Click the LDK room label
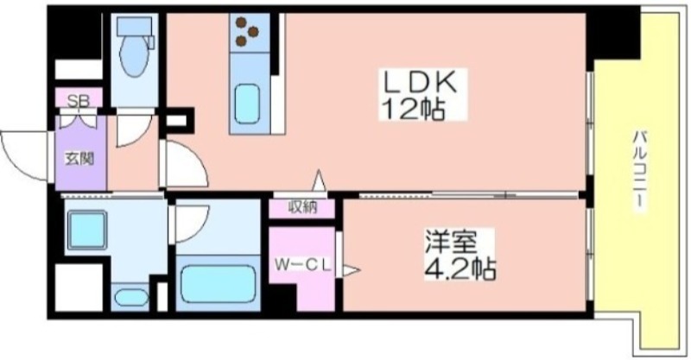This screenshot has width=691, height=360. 420,82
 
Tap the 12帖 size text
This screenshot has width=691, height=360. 414,108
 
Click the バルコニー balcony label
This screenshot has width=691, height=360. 640,172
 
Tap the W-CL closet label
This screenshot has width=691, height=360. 303,265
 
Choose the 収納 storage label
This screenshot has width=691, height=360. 303,206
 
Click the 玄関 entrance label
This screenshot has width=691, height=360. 79,158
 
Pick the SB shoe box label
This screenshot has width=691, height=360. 78,101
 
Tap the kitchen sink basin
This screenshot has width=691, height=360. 246,104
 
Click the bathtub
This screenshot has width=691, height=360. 219,284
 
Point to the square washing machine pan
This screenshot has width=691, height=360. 87,230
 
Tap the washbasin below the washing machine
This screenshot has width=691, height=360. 131,298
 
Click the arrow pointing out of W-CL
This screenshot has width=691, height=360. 352,269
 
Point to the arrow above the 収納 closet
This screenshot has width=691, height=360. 319,180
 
